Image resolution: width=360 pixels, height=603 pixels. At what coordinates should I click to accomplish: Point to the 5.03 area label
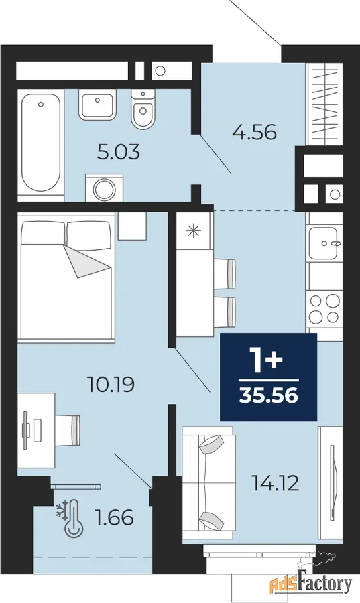118,153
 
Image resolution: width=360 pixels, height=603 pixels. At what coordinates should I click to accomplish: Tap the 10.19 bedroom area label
111,384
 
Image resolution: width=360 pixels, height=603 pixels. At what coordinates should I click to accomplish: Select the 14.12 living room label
275,483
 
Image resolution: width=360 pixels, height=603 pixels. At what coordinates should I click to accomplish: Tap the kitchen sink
324,243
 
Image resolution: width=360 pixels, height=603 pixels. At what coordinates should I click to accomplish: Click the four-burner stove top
324,309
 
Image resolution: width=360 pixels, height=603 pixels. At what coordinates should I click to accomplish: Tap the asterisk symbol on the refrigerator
192,230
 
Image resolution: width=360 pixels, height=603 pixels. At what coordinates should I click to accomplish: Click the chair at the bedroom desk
68,427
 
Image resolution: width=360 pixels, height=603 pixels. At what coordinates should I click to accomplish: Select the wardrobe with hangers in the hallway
324,104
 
